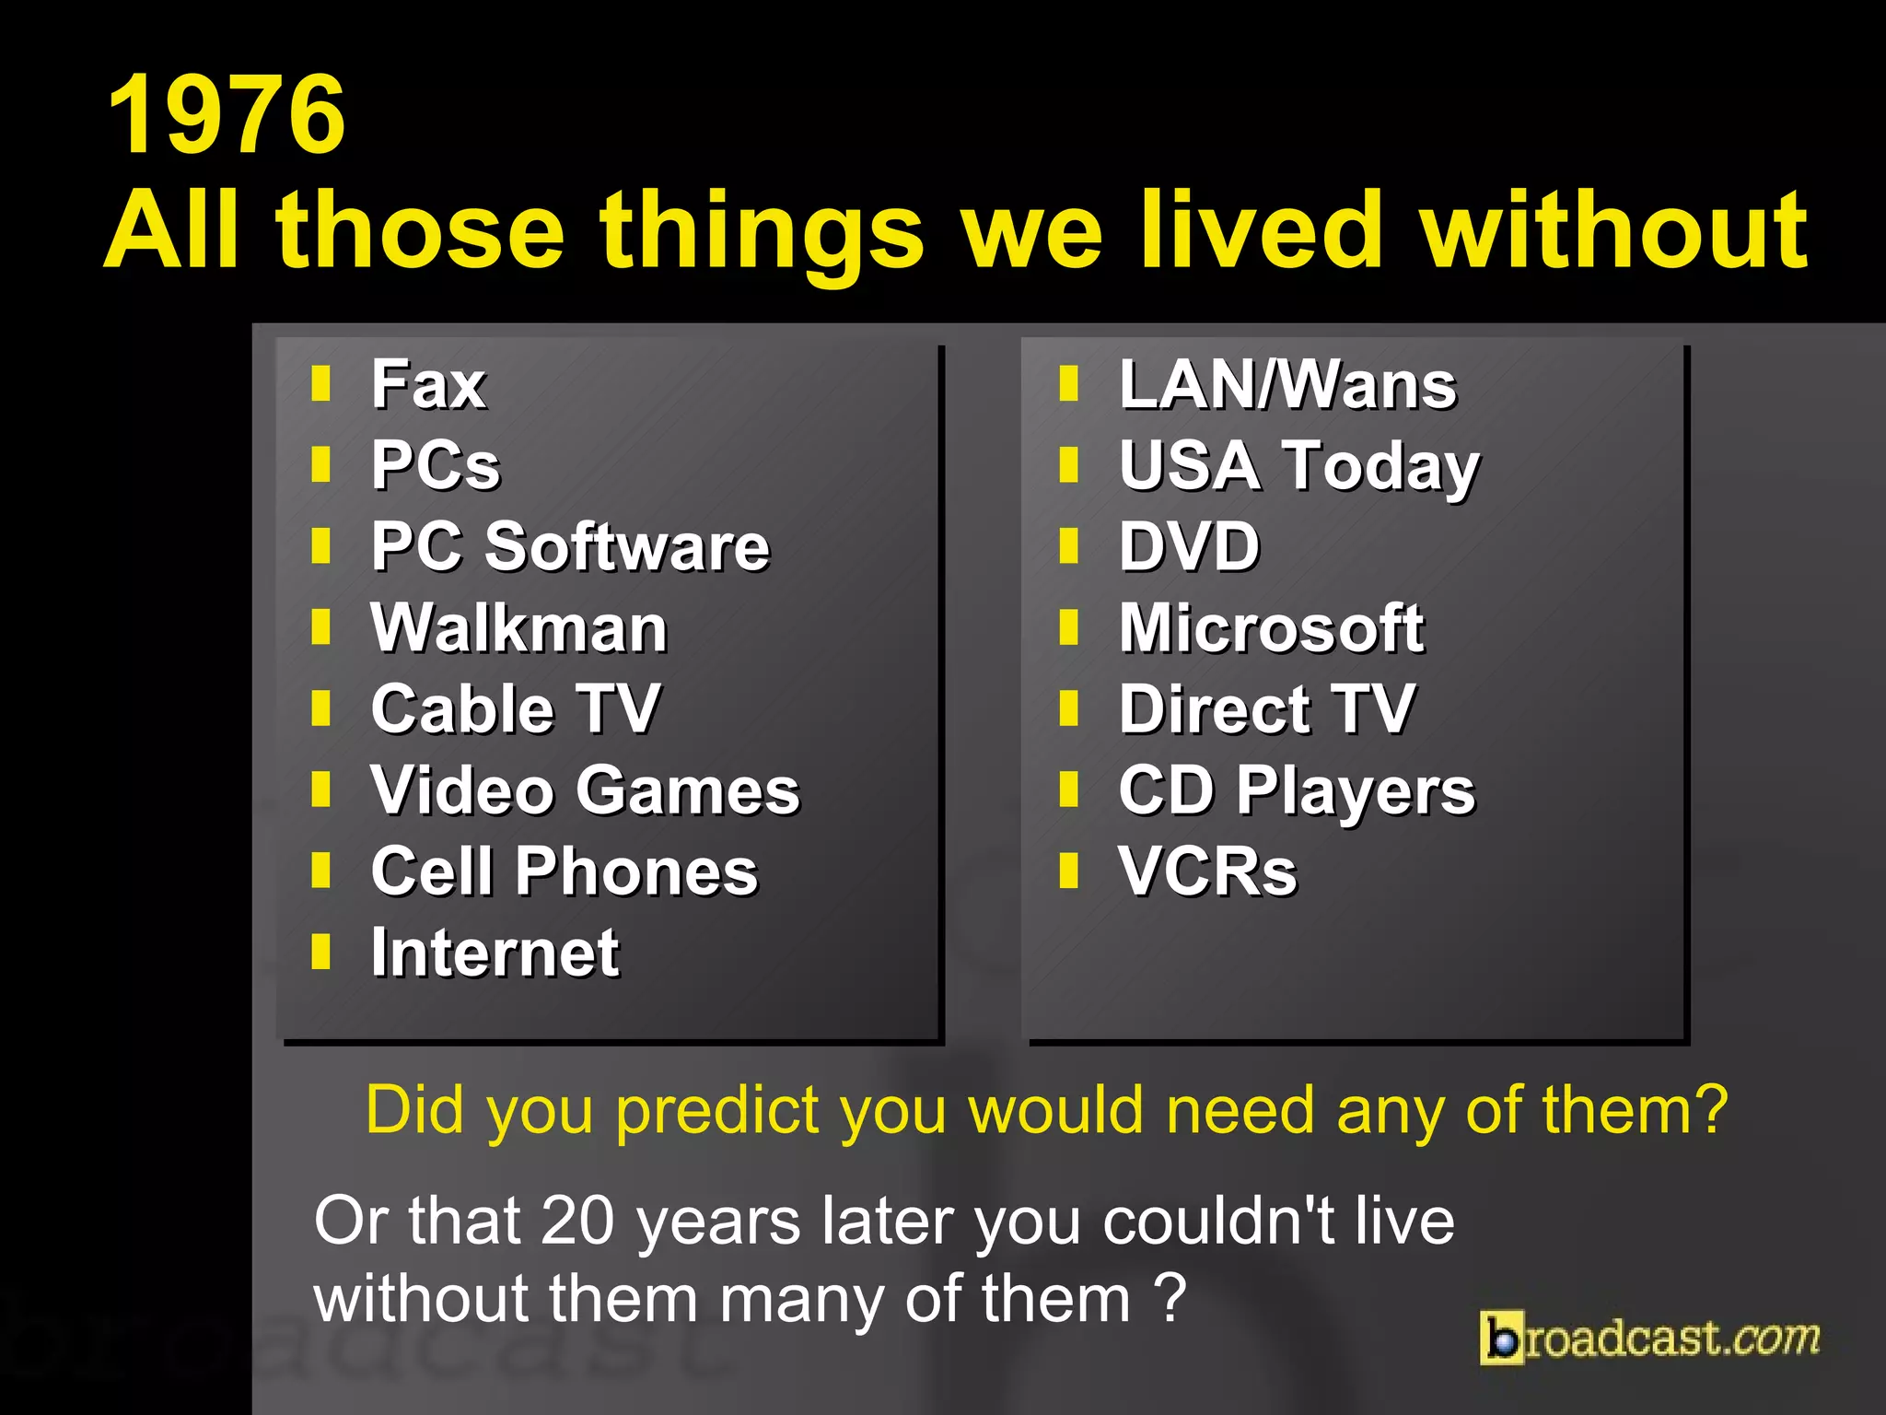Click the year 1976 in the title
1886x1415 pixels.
click(227, 115)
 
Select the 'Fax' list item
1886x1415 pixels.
click(428, 384)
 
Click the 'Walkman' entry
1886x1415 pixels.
click(518, 628)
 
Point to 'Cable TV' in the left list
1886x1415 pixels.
click(516, 709)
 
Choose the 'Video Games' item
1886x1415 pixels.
click(586, 790)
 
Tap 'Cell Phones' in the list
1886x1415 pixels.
click(565, 871)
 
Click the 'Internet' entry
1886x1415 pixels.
click(495, 953)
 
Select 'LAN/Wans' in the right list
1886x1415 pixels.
click(1287, 384)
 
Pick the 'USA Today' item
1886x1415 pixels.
click(1298, 466)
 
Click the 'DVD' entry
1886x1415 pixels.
click(1189, 546)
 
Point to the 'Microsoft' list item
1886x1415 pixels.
click(1272, 628)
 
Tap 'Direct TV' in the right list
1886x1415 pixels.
click(1267, 709)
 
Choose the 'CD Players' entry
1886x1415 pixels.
click(1297, 790)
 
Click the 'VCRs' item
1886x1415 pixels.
click(1207, 871)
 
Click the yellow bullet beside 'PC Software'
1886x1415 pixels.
click(320, 545)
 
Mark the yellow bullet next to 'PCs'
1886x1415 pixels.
click(320, 464)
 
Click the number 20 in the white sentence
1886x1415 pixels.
click(577, 1221)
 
